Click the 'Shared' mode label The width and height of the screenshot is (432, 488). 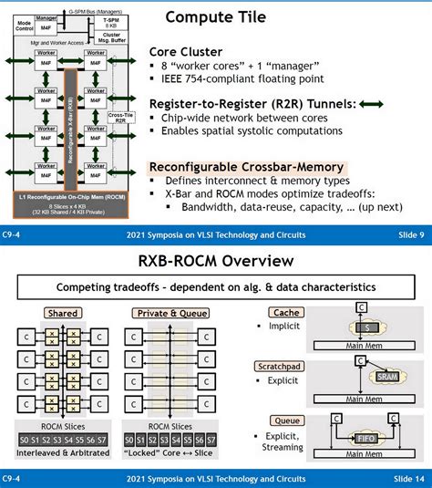click(49, 314)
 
